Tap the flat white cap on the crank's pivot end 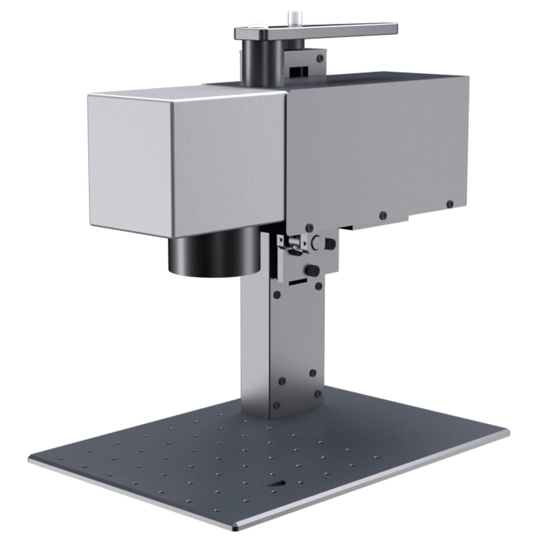(255, 28)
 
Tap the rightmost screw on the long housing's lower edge (449, 204)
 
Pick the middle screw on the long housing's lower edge (383, 215)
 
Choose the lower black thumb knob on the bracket (313, 271)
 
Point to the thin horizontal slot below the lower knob (297, 283)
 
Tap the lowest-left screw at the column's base (277, 405)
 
